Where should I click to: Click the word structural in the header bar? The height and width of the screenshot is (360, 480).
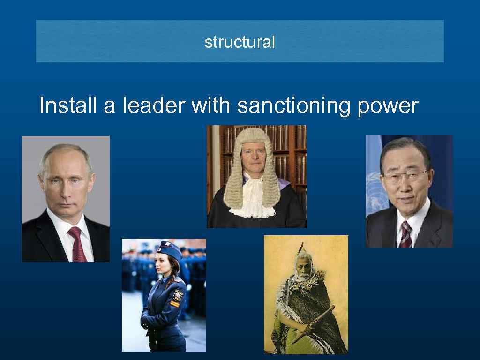(240, 42)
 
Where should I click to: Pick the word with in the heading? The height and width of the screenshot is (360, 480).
(210, 105)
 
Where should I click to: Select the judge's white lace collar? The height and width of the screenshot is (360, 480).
(256, 199)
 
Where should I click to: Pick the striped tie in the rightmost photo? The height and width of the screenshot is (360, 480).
(405, 233)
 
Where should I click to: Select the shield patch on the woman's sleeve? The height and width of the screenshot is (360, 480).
(178, 295)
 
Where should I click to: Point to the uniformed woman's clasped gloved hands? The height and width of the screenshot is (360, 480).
(146, 322)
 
